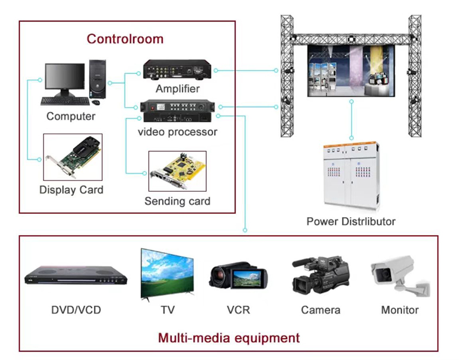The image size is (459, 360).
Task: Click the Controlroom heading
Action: [x=125, y=39]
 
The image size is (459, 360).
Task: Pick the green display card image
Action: [x=73, y=157]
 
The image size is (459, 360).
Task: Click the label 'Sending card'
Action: [x=177, y=201]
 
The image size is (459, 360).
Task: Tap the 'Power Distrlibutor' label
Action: [x=350, y=222]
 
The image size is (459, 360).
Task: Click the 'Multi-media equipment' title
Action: [x=228, y=338]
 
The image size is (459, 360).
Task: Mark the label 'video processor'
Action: [x=177, y=132]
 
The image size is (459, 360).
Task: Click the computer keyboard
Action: [x=64, y=100]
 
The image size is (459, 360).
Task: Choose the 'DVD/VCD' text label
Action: [x=76, y=310]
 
